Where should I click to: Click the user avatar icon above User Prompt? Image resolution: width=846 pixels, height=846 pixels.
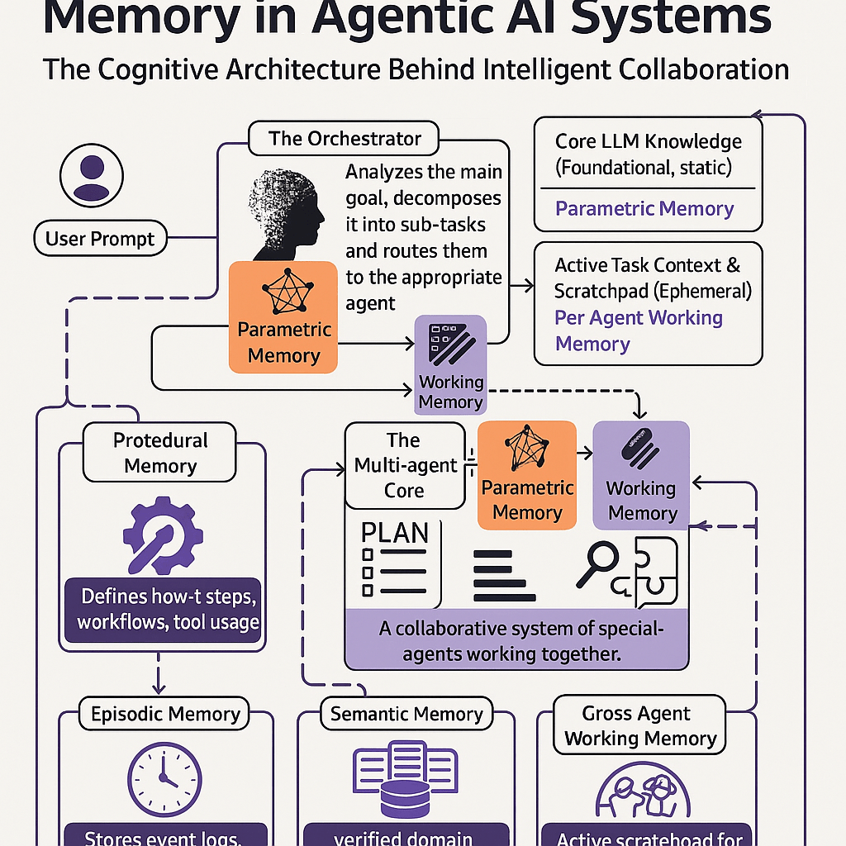91,176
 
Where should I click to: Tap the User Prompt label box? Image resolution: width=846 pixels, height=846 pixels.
100,240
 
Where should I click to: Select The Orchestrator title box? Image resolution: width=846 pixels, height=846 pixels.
345,138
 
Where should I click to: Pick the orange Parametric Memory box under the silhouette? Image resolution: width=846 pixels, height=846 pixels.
283,316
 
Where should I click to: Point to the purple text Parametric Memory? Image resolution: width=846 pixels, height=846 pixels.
644,208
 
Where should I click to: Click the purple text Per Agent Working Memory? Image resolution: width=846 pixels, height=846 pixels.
638,330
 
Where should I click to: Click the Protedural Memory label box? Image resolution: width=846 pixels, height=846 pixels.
160,453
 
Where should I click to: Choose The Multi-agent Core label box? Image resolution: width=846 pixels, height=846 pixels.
404,465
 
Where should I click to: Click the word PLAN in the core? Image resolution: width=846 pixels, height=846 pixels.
395,533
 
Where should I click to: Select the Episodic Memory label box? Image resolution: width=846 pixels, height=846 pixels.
165,714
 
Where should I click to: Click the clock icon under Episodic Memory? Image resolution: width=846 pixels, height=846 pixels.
164,778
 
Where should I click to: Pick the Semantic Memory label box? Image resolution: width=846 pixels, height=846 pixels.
406,714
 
